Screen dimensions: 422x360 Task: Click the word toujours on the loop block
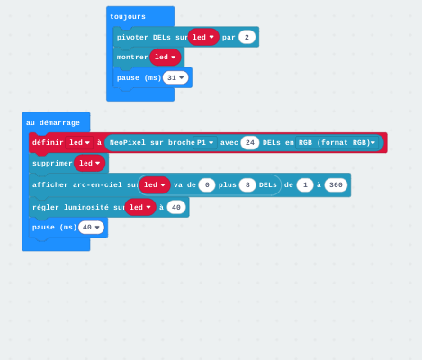(128, 16)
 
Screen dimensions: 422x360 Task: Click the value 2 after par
(247, 37)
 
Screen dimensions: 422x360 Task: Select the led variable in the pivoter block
(203, 37)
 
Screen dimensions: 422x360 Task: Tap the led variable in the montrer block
(166, 57)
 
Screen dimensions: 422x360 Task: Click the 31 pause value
(175, 77)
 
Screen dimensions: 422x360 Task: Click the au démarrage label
(53, 122)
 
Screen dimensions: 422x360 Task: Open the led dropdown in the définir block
(79, 142)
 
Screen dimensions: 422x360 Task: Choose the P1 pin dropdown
(205, 142)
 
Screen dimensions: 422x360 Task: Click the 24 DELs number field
(250, 142)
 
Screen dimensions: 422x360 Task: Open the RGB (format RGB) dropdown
(337, 142)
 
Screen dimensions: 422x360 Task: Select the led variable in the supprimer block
(90, 163)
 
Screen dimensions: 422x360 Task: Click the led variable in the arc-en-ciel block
(155, 184)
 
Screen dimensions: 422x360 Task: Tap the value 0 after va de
(207, 185)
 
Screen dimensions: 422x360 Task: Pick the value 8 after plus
(247, 185)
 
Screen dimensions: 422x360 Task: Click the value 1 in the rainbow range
(305, 185)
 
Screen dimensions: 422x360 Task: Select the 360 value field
(336, 185)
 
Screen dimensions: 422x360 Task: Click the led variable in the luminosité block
(140, 207)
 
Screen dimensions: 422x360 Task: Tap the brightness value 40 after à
(176, 207)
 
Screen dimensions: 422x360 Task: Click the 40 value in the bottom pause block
(91, 228)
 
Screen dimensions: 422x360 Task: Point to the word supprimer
(52, 163)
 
